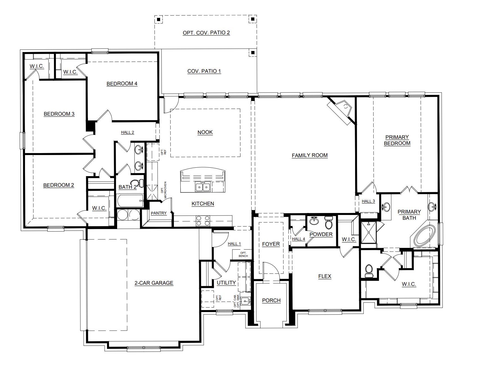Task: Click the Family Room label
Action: click(x=310, y=155)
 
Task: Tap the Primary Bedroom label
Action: click(x=397, y=140)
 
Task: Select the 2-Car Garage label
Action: click(x=154, y=283)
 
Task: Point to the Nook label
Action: click(x=205, y=132)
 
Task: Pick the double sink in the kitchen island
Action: click(x=203, y=187)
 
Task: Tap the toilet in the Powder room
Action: click(x=328, y=222)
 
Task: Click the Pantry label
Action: click(x=159, y=213)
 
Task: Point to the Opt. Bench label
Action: click(x=243, y=254)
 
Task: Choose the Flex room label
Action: click(x=325, y=276)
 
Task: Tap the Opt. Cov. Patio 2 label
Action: click(x=206, y=33)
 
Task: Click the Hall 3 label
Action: click(x=368, y=201)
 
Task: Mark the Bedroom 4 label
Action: click(x=122, y=84)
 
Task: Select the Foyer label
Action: click(x=271, y=244)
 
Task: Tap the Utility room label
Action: click(x=226, y=283)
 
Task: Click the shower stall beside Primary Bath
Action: click(x=369, y=232)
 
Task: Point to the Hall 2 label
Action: click(x=128, y=132)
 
